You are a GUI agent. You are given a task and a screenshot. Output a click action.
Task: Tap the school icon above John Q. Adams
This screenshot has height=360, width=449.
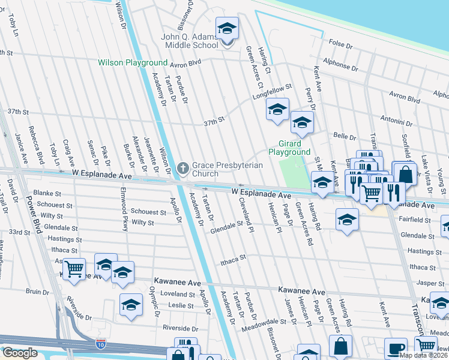click(x=228, y=29)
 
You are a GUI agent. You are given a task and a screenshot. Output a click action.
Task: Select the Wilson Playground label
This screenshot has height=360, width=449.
click(x=132, y=62)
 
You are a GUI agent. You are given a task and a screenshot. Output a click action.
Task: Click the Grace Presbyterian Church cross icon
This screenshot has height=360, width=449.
click(x=184, y=167)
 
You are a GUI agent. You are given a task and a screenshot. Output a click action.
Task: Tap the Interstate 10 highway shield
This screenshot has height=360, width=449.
click(x=101, y=344)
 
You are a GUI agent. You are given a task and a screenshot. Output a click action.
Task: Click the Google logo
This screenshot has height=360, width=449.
click(x=20, y=352)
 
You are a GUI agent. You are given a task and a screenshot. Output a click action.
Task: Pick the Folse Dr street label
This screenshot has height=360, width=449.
click(x=340, y=44)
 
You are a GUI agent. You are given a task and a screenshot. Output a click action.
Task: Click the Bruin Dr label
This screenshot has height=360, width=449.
click(x=37, y=292)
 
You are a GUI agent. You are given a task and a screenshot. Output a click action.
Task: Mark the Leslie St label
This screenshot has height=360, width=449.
click(x=181, y=305)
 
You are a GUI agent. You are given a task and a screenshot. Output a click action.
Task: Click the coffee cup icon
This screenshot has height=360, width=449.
click(x=396, y=349)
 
